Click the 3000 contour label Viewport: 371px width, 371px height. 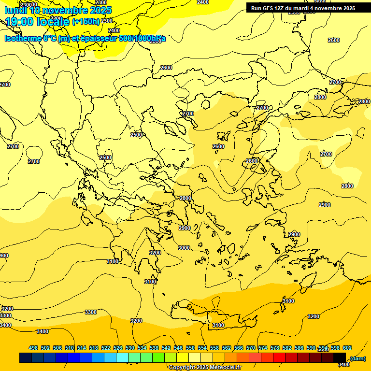pos(184,248)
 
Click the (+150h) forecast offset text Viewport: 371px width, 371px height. pos(86,22)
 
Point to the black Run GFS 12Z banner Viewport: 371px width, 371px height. pos(303,8)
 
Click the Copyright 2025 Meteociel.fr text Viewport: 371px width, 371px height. pos(205,368)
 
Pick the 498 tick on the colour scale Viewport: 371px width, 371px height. pos(33,348)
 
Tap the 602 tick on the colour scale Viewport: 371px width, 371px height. pos(347,348)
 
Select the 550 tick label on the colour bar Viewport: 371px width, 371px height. pos(190,348)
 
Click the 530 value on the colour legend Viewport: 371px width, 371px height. pos(130,348)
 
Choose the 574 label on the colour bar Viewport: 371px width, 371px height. pos(263,348)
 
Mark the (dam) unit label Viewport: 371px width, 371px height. pos(358,358)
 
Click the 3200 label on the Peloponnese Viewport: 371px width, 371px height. pos(155,253)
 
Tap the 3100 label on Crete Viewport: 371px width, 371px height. pos(218,326)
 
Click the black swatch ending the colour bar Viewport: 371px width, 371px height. pos(340,358)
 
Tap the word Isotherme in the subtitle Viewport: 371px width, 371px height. pos(23,38)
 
